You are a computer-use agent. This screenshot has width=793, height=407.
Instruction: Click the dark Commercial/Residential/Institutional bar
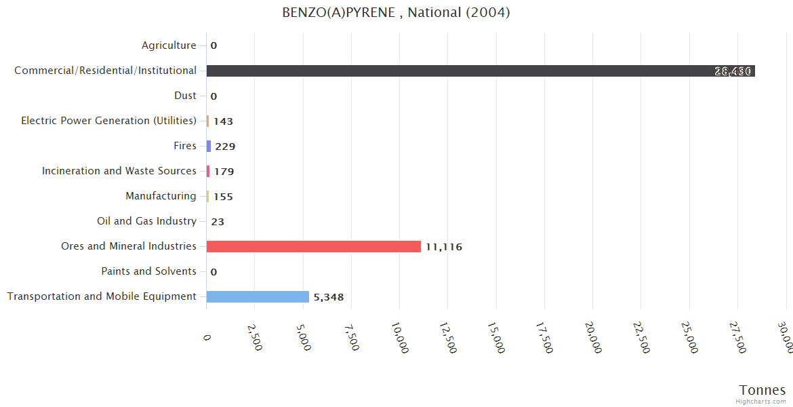(x=474, y=71)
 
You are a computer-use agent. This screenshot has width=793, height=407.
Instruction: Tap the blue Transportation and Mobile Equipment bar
(x=258, y=296)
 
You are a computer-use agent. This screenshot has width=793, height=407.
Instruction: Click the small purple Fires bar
(x=209, y=146)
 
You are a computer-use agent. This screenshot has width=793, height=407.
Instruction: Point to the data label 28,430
(x=733, y=71)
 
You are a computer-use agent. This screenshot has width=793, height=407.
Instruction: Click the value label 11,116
(x=444, y=247)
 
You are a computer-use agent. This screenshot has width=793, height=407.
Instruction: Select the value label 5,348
(x=333, y=297)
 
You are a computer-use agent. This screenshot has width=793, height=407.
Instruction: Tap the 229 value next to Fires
(x=225, y=147)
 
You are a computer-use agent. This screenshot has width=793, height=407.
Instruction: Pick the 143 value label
(x=223, y=121)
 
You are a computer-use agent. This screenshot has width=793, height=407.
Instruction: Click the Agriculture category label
(x=169, y=45)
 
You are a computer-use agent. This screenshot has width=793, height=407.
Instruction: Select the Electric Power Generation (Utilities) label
(x=108, y=121)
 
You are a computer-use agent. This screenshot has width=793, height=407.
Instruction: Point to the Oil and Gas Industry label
(x=147, y=221)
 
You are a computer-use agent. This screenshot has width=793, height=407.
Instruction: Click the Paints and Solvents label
(x=149, y=271)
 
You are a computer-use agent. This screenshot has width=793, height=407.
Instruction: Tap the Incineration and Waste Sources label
(x=119, y=171)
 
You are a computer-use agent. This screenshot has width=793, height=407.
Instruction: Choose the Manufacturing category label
(x=161, y=196)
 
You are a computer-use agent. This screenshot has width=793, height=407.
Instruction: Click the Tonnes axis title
(x=762, y=390)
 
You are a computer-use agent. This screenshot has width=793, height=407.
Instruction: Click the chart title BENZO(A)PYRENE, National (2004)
(x=396, y=13)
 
